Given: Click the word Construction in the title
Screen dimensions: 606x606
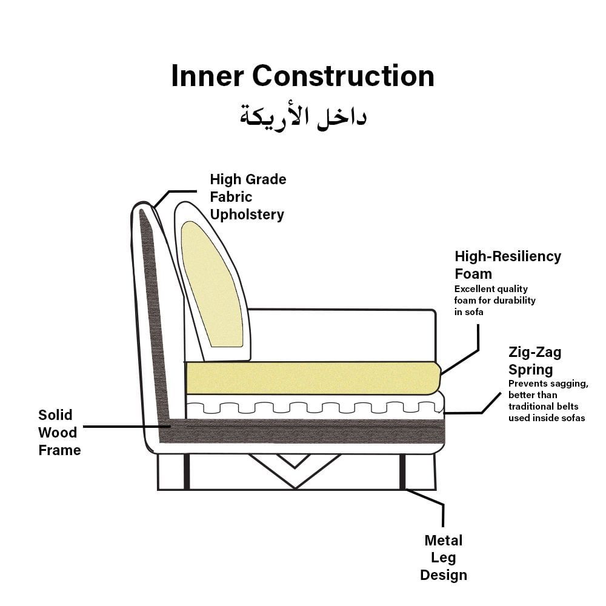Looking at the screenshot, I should click(x=344, y=76).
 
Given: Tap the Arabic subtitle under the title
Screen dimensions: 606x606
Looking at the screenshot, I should click(x=303, y=115).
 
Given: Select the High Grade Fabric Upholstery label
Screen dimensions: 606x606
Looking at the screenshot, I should click(x=247, y=197).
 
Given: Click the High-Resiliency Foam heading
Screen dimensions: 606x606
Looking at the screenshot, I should click(x=508, y=265).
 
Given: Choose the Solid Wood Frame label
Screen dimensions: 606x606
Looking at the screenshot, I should click(x=59, y=432).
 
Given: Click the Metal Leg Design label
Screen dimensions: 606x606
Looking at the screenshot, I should click(x=443, y=558).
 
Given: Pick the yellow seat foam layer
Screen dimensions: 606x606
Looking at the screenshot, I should click(x=312, y=376).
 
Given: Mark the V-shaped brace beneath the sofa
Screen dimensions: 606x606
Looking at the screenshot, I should click(x=295, y=473).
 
